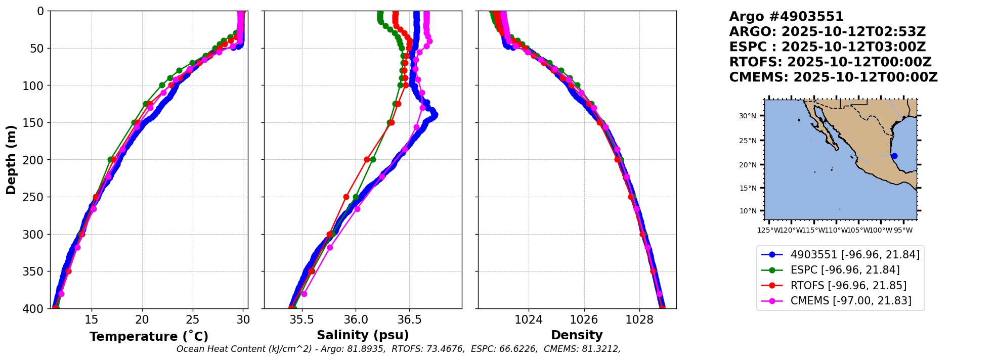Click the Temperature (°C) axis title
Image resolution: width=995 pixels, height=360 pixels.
149,336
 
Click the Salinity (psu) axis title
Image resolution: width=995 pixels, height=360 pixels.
363,335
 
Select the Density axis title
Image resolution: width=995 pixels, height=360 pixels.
577,335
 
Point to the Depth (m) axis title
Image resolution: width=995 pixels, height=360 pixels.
11,159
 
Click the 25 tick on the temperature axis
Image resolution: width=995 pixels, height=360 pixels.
193,320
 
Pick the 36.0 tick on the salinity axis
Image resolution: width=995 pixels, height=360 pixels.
356,320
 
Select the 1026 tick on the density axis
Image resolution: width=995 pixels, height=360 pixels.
584,320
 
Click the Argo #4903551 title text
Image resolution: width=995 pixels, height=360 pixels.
786,17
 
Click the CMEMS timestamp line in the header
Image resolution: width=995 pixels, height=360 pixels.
833,77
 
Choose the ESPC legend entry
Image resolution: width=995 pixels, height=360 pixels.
845,270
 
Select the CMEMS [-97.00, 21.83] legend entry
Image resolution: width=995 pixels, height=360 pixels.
851,301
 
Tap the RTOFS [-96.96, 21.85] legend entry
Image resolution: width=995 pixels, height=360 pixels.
848,286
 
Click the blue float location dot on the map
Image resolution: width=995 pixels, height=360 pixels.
894,156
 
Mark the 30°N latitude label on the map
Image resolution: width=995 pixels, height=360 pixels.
748,116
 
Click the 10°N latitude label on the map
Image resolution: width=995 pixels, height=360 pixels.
748,211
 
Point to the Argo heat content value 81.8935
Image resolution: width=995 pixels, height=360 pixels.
369,349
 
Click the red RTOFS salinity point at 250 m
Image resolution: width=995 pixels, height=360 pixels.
346,197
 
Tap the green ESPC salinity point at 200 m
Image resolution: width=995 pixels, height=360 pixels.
373,159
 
